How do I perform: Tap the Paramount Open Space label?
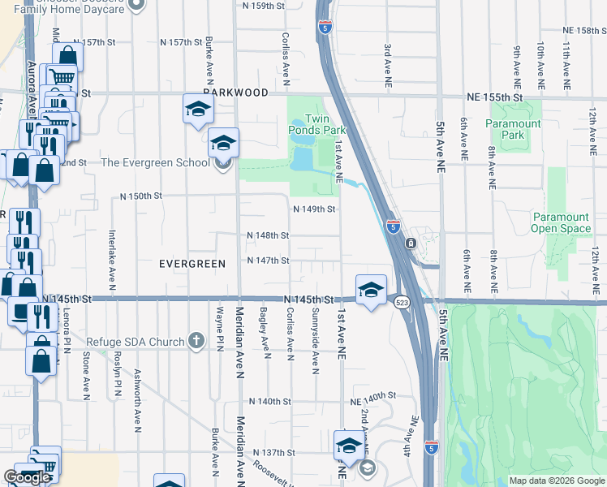point(561,222)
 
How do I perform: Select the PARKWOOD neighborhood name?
point(235,93)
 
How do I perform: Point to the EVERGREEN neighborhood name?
point(192,264)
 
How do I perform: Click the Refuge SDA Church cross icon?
point(196,342)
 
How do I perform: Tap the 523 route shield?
point(402,302)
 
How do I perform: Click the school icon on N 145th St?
point(370,289)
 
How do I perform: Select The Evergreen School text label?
point(154,162)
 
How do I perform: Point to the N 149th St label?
point(314,209)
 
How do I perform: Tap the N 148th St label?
point(268,235)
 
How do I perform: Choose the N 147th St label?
point(269,261)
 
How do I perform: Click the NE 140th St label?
point(372,402)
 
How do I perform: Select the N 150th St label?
point(141,196)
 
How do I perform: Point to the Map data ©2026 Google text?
point(556,481)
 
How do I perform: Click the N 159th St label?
point(264,5)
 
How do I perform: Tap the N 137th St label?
point(272,452)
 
